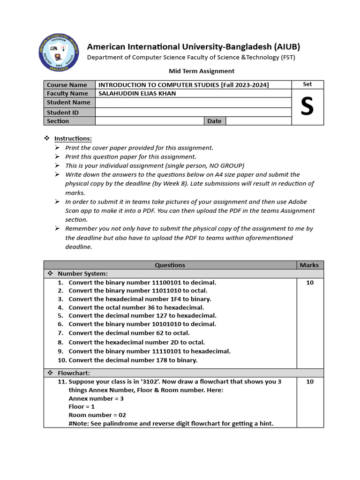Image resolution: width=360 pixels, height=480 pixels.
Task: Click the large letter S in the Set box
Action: coord(307,107)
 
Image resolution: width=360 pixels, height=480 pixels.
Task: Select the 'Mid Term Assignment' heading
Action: coord(201,71)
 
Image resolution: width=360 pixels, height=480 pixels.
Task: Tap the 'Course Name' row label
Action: coord(67,85)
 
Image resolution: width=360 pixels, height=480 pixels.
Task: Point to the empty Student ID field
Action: coord(193,112)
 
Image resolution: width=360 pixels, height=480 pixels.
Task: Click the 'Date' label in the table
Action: coord(214,121)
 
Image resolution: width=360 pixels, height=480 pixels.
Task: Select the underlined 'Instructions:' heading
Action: coord(73,139)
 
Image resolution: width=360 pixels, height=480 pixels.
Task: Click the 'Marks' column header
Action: coord(309,265)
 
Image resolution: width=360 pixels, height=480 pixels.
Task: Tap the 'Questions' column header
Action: coord(170,265)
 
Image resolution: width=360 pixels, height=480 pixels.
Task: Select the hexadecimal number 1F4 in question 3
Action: coord(188,299)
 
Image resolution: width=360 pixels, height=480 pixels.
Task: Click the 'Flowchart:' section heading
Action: coord(75,373)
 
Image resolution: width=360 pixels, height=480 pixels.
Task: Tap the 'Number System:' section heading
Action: coord(82,273)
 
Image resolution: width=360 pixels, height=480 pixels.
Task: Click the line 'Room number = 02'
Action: coord(97,415)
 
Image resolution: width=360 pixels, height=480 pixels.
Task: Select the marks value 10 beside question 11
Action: coord(310,382)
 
